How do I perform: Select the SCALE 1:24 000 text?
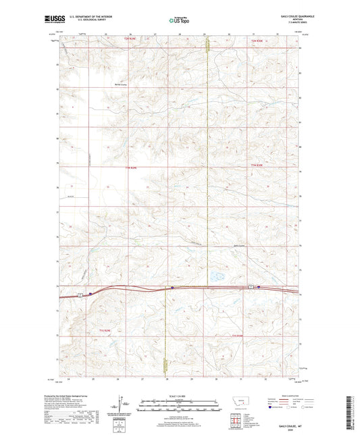(x=179, y=395)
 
